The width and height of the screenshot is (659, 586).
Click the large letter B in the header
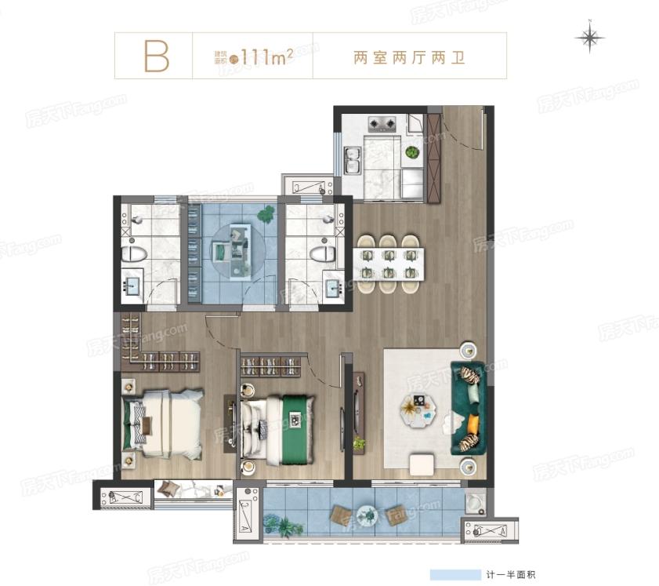[x=156, y=56]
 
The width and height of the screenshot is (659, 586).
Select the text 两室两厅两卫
[x=410, y=56]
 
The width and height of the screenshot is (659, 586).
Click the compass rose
[x=589, y=37]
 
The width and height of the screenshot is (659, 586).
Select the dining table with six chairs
[x=389, y=264]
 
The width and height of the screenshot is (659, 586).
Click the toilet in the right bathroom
[x=322, y=253]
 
